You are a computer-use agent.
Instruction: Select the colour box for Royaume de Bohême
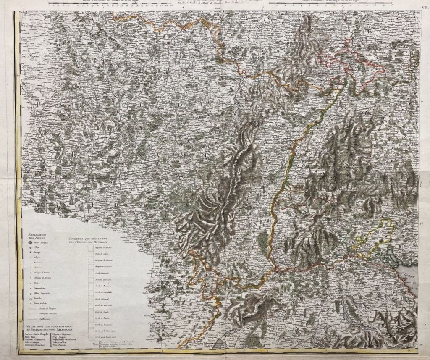[91, 249]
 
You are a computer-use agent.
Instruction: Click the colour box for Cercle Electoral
[91, 298]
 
